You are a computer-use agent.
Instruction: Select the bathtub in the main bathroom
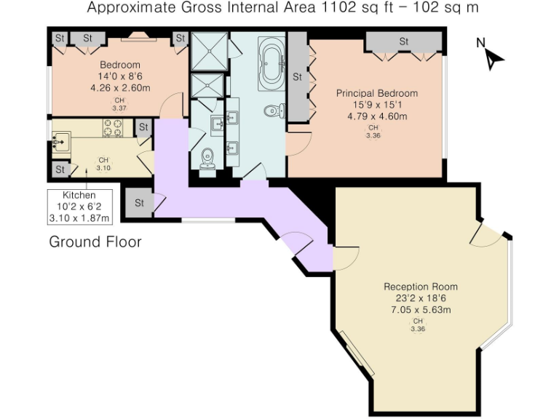tap(272, 63)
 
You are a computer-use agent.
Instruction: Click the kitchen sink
tap(61, 139)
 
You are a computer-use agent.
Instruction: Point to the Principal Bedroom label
tap(376, 93)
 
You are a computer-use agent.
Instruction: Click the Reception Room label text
tap(421, 287)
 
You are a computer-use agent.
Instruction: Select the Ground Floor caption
tap(95, 242)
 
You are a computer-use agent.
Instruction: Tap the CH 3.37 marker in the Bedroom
tap(119, 105)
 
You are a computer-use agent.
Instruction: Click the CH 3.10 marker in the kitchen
tap(103, 164)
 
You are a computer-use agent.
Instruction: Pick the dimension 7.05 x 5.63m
tap(421, 309)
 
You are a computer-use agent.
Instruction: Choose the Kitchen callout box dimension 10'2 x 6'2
tap(79, 207)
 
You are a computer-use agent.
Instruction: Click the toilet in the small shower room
tap(208, 157)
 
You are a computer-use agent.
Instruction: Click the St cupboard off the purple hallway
tap(138, 201)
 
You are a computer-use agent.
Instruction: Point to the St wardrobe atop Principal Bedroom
tap(403, 42)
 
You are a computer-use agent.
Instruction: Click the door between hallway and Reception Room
tap(345, 256)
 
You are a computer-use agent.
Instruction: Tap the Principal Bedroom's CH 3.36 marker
tap(373, 131)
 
